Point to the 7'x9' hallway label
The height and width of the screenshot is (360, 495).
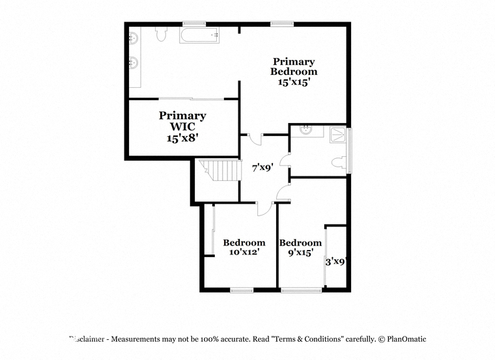(262, 167)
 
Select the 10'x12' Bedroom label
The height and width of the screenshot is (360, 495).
(244, 247)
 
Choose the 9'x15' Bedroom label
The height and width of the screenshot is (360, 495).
(300, 247)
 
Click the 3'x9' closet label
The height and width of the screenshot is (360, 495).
(336, 262)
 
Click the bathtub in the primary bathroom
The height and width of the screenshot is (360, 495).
(199, 35)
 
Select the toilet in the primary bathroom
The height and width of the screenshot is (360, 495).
(161, 34)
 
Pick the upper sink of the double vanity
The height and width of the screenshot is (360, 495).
(134, 38)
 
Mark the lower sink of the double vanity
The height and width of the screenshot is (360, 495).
(134, 62)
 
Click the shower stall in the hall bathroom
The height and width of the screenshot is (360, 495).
(338, 135)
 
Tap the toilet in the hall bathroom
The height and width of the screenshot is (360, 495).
(339, 162)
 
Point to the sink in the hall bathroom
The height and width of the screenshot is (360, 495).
(306, 130)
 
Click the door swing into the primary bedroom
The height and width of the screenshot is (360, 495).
(255, 139)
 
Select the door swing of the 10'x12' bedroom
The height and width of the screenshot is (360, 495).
(264, 209)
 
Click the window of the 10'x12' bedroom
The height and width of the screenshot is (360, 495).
(242, 290)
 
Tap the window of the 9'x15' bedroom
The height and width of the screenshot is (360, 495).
(302, 290)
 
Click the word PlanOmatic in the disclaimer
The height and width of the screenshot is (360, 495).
(406, 339)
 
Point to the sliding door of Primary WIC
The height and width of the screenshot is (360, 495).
(191, 99)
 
